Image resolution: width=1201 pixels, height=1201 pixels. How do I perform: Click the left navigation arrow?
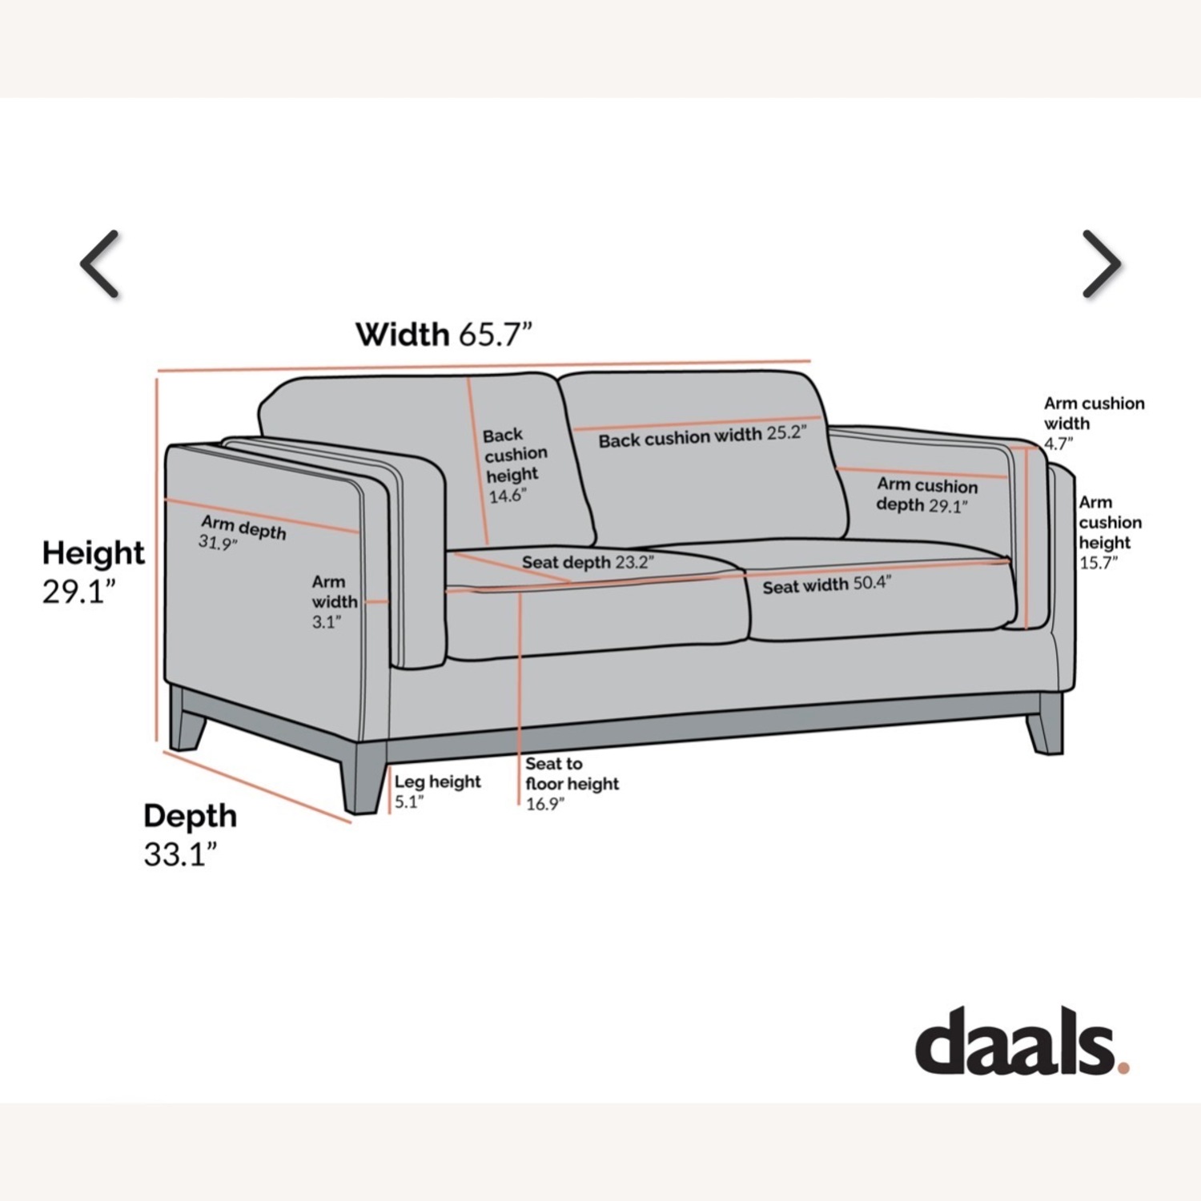(x=100, y=264)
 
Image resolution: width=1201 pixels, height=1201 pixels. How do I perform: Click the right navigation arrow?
(x=1102, y=264)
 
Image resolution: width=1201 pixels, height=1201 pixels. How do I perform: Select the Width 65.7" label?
(x=444, y=334)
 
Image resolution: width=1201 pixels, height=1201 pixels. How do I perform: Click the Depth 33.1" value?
(x=181, y=854)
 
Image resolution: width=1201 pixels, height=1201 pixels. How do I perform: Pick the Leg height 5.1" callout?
(x=437, y=791)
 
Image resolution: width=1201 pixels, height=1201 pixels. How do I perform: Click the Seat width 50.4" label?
(x=826, y=585)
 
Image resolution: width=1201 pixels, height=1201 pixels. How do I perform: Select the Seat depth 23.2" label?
(x=588, y=562)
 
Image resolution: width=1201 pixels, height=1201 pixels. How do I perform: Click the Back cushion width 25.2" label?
(x=702, y=436)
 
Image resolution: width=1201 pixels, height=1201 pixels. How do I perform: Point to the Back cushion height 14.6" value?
(x=507, y=496)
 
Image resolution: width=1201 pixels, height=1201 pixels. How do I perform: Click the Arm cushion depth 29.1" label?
(x=927, y=495)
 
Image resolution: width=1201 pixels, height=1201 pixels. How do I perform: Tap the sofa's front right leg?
(x=1045, y=724)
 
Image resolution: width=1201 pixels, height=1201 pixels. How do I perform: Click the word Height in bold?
(x=94, y=553)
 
